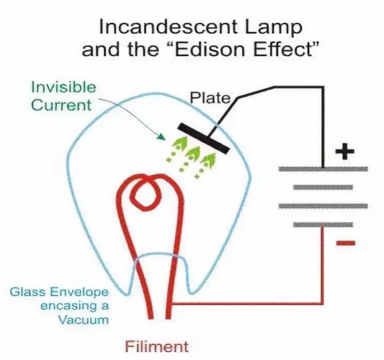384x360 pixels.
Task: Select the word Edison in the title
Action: [x=209, y=49]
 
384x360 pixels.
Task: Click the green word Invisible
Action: [x=64, y=87]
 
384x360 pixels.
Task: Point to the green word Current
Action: [x=61, y=105]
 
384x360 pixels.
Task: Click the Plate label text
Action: [x=211, y=98]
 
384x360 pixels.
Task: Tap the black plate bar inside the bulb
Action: [x=203, y=139]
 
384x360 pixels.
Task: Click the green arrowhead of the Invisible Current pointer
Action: [x=162, y=137]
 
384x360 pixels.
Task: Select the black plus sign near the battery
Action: [x=345, y=151]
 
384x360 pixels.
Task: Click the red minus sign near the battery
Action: [x=345, y=243]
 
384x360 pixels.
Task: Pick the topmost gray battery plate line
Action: [x=323, y=169]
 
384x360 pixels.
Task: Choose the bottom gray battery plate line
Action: [x=323, y=224]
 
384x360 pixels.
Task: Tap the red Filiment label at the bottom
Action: [x=157, y=347]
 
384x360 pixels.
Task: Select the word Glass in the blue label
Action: [x=27, y=292]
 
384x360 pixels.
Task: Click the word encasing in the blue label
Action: [x=67, y=307]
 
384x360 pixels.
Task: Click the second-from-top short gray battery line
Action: [x=323, y=188]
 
